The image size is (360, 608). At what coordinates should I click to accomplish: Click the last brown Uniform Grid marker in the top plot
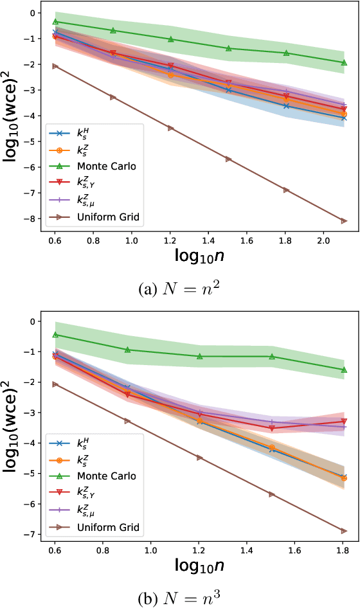click(x=345, y=220)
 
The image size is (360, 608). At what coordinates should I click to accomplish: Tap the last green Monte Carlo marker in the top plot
click(x=345, y=63)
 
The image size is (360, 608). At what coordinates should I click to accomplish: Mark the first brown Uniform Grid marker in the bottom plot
click(x=55, y=384)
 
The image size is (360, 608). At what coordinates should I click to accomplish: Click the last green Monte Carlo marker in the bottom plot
click(x=345, y=370)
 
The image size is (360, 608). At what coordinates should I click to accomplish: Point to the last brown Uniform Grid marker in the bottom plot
click(x=345, y=531)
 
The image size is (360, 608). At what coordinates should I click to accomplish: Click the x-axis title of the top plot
click(x=199, y=256)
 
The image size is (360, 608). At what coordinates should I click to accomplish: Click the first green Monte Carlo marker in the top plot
click(x=55, y=22)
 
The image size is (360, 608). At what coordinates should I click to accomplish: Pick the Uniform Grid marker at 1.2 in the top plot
click(x=171, y=128)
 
